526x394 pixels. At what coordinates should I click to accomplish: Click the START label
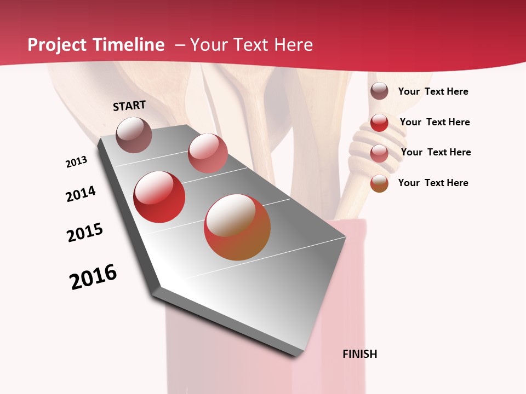click(x=129, y=106)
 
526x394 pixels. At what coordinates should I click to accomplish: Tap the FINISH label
click(x=360, y=354)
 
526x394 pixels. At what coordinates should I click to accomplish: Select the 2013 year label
click(x=77, y=162)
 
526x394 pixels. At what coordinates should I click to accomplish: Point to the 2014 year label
click(x=81, y=194)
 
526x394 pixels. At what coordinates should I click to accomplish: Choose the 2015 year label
click(x=85, y=233)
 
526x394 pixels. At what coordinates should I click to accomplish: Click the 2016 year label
click(x=93, y=277)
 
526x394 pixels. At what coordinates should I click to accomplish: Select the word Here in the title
click(x=293, y=45)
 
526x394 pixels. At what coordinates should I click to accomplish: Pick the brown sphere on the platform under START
click(x=134, y=135)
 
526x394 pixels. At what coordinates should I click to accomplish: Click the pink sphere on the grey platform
click(x=208, y=153)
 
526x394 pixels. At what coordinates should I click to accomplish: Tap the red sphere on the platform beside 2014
click(x=159, y=197)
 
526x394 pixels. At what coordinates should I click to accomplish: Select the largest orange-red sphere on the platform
click(x=237, y=227)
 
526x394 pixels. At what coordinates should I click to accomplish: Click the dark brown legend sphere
click(x=379, y=91)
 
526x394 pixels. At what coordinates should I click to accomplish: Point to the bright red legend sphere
click(x=379, y=123)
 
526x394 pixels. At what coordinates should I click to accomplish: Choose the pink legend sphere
click(x=379, y=153)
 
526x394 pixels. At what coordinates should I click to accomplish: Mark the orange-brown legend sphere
click(x=379, y=183)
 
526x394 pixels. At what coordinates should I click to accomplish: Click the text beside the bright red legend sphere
click(x=434, y=122)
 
